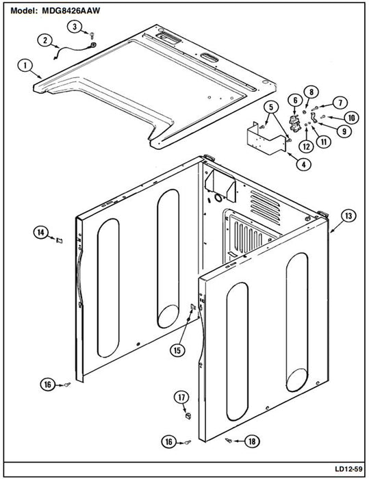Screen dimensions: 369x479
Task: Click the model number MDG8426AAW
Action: [x=71, y=11]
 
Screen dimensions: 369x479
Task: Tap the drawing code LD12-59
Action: [x=348, y=469]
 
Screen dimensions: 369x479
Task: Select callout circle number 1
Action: [x=25, y=66]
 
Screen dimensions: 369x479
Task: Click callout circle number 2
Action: [x=45, y=40]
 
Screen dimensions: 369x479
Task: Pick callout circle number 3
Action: [x=75, y=27]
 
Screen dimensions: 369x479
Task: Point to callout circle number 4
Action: [x=303, y=165]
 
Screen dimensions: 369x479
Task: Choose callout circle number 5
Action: [x=272, y=107]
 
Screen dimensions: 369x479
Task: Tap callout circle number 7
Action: [x=340, y=103]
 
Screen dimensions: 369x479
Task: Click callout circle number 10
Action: [x=352, y=118]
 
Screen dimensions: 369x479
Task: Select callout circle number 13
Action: [x=348, y=216]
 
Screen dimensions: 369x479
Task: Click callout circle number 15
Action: [x=177, y=350]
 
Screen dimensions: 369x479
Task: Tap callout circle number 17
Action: [x=181, y=398]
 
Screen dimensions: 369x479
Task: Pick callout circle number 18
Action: [x=252, y=441]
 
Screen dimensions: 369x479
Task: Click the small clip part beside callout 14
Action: [x=59, y=240]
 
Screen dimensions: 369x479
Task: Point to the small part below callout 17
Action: [x=188, y=415]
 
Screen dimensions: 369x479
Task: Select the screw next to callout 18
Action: [x=229, y=440]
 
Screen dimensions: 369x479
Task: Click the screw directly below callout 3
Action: [x=92, y=35]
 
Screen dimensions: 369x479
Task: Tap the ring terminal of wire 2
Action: [x=92, y=46]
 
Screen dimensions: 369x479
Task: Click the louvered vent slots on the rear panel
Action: [x=266, y=207]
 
